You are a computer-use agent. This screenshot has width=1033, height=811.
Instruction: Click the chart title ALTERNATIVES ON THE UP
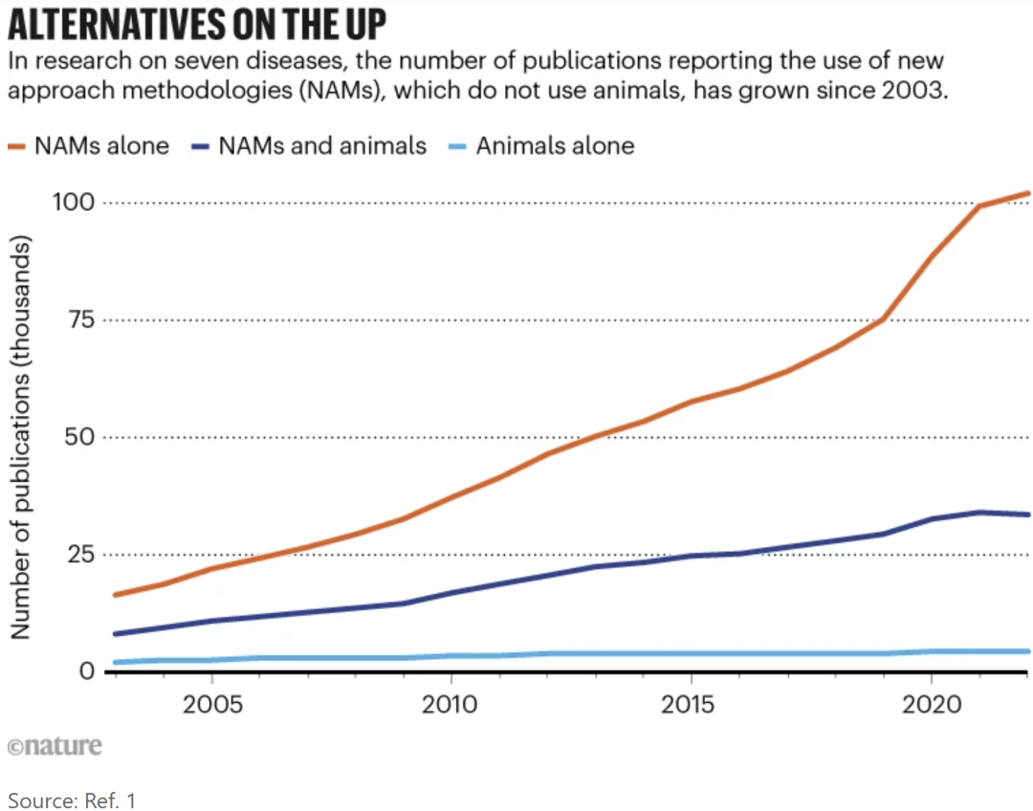pos(195,24)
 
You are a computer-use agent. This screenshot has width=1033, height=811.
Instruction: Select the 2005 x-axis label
pos(210,704)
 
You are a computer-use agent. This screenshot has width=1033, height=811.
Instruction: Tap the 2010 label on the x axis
pos(451,704)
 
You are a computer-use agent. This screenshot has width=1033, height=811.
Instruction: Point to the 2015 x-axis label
pos(691,704)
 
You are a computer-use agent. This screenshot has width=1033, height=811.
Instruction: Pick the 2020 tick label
pos(931,704)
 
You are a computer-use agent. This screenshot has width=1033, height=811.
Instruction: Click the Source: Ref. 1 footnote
pos(73,800)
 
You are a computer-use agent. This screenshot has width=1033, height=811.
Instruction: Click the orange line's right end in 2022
pos(1027,193)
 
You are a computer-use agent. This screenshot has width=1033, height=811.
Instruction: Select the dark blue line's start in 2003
pos(116,633)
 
